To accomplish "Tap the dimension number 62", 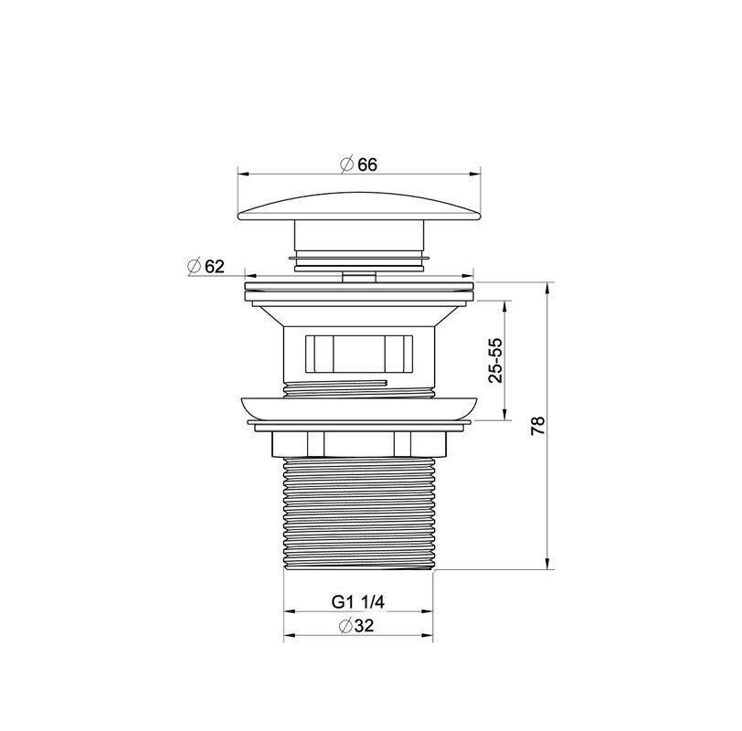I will [x=215, y=266].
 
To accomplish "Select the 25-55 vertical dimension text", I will [x=495, y=360].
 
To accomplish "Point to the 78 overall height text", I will [x=538, y=425].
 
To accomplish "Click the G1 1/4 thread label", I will [x=358, y=602].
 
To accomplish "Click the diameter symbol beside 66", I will [x=346, y=164].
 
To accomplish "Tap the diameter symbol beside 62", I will [x=194, y=266].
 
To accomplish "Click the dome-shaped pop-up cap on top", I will [x=359, y=203].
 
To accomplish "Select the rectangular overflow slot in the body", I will [x=357, y=351].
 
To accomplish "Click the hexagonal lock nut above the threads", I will [x=358, y=443].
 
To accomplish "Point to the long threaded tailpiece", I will [x=358, y=512].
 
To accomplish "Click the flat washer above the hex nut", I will [x=358, y=425].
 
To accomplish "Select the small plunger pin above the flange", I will [x=358, y=274].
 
